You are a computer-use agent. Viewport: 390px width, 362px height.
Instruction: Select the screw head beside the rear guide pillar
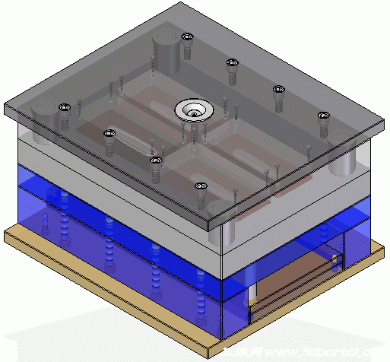pos(187,37)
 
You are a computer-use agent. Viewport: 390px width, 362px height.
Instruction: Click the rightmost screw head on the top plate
pos(324,116)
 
